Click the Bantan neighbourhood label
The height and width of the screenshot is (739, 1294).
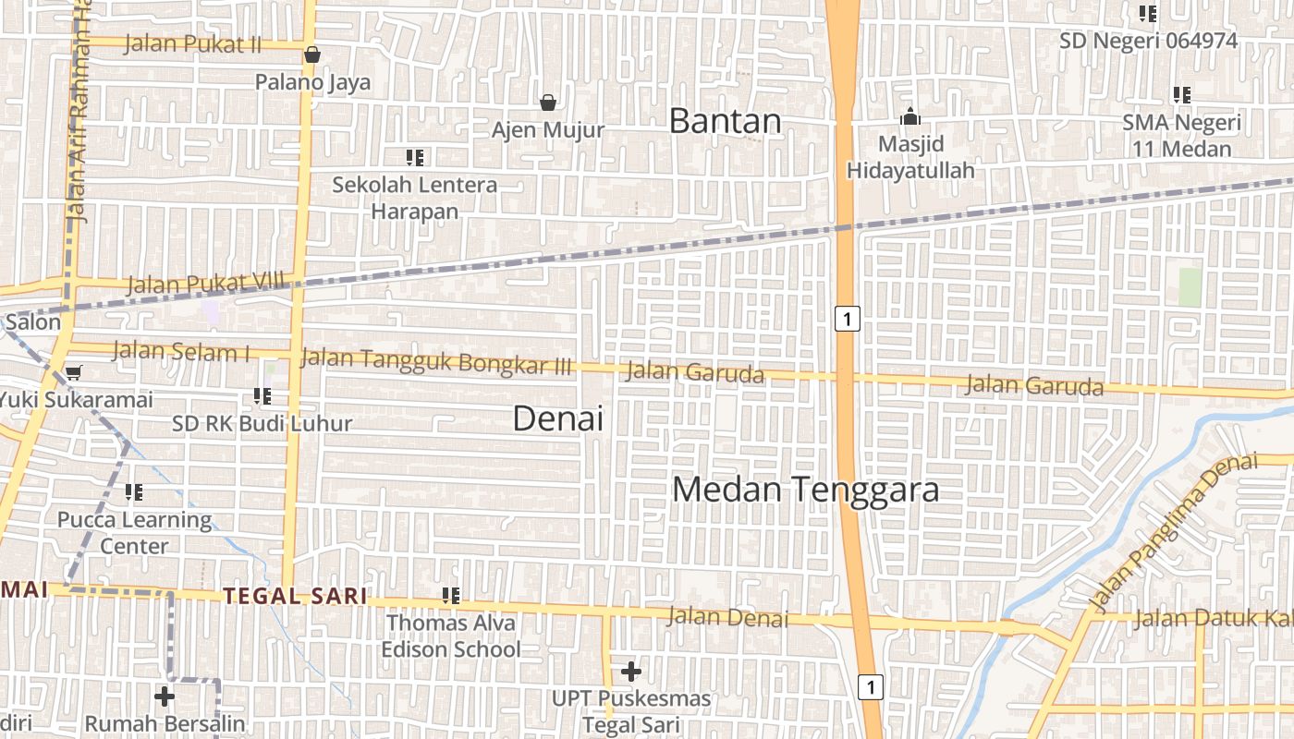(x=725, y=121)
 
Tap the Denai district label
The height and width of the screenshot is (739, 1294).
(x=557, y=418)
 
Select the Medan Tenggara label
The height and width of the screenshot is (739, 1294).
(x=805, y=490)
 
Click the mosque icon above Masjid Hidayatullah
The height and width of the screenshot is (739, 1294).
(x=910, y=117)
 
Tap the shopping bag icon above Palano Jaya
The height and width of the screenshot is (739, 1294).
(x=312, y=55)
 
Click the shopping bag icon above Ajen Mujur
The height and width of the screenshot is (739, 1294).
(x=548, y=102)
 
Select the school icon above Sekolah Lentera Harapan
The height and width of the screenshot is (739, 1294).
(x=415, y=157)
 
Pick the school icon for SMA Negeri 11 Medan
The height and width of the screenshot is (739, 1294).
(x=1181, y=94)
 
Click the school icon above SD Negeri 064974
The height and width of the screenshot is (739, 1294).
(x=1148, y=13)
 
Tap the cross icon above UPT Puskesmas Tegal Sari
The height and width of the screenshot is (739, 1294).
(x=631, y=671)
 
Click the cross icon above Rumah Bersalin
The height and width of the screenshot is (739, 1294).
(x=165, y=696)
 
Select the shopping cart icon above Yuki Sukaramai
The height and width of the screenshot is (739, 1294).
(x=73, y=373)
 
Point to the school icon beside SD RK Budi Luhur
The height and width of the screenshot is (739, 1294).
(x=262, y=396)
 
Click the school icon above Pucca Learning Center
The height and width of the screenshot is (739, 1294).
(x=134, y=492)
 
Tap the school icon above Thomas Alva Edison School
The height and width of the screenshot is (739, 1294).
(x=451, y=596)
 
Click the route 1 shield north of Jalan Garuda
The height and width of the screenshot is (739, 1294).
(x=848, y=319)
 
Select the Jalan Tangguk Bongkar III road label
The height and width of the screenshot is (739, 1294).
(x=436, y=361)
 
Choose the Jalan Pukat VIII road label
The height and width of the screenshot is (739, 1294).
(x=205, y=284)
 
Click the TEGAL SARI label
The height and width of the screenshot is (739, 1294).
(x=295, y=596)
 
